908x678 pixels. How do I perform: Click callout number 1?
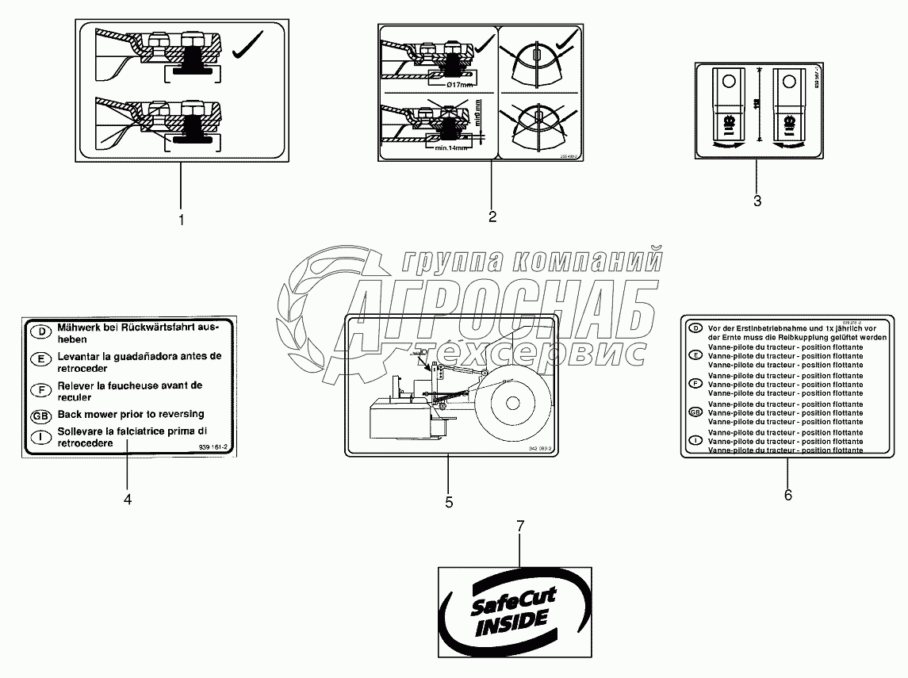click(181, 220)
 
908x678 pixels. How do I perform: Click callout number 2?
click(492, 216)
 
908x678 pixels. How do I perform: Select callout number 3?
click(757, 201)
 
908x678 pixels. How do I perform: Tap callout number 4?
click(127, 499)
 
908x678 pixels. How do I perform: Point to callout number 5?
click(449, 502)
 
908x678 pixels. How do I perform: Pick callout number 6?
click(787, 496)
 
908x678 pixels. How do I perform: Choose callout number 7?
click(521, 526)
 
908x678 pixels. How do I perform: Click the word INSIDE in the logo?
click(511, 623)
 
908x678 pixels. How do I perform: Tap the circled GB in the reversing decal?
click(39, 416)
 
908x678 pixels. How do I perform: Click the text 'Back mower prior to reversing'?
click(130, 414)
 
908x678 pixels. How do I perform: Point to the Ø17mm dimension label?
click(459, 85)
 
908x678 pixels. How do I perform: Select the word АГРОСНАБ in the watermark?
click(508, 312)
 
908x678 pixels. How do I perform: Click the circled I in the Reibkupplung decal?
click(695, 440)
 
